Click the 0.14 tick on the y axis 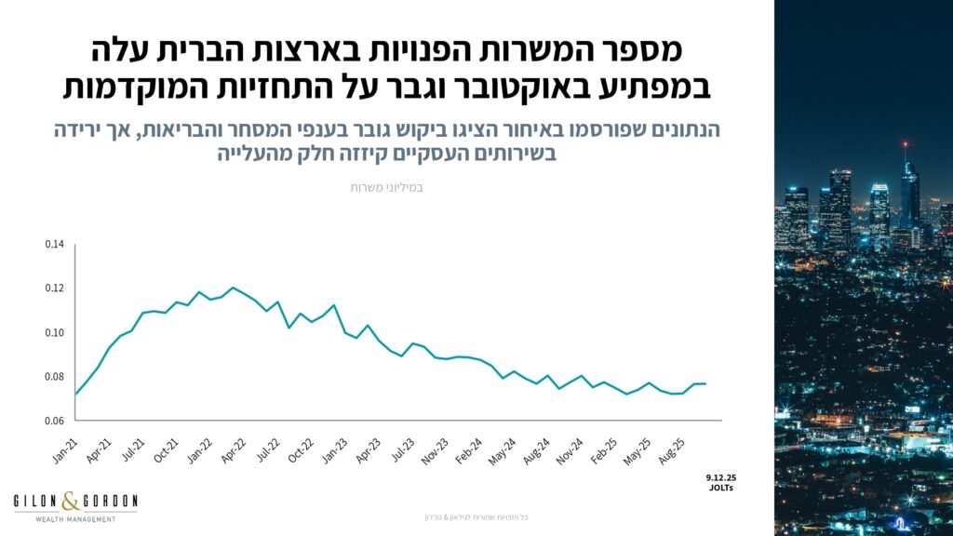[x=55, y=245]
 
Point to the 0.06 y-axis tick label [x=55, y=421]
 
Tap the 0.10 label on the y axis [x=55, y=333]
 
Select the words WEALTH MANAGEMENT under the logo [x=75, y=518]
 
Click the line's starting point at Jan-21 [x=75, y=394]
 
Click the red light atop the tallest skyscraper [x=904, y=144]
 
